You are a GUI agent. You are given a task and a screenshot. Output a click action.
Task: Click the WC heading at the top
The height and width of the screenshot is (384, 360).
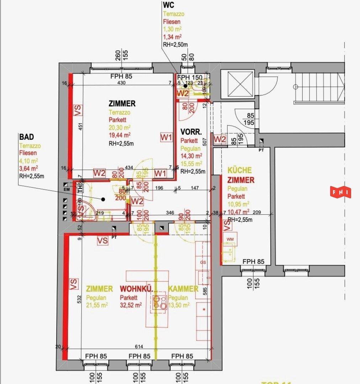pyautogui.click(x=169, y=5)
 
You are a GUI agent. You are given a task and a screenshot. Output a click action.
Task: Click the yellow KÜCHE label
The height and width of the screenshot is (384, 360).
pyautogui.click(x=240, y=170)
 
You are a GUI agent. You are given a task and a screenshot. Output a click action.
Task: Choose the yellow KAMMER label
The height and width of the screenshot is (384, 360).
pyautogui.click(x=183, y=289)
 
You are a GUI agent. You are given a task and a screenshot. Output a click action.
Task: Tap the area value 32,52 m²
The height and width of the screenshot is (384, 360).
pyautogui.click(x=131, y=305)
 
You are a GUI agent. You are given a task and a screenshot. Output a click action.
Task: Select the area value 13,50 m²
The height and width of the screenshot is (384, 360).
pyautogui.click(x=179, y=305)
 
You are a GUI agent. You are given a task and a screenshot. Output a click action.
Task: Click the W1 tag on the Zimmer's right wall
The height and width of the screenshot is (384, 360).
pyautogui.click(x=166, y=137)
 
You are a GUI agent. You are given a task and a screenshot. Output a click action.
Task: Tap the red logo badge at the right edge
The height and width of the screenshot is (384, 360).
pyautogui.click(x=341, y=192)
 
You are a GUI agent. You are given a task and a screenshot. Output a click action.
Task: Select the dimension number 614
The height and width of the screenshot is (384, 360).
pyautogui.click(x=139, y=347)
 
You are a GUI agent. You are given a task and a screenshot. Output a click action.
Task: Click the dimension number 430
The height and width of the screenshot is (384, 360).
pyautogui.click(x=122, y=82)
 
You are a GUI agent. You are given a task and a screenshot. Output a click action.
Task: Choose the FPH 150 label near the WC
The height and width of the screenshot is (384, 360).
pyautogui.click(x=190, y=78)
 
